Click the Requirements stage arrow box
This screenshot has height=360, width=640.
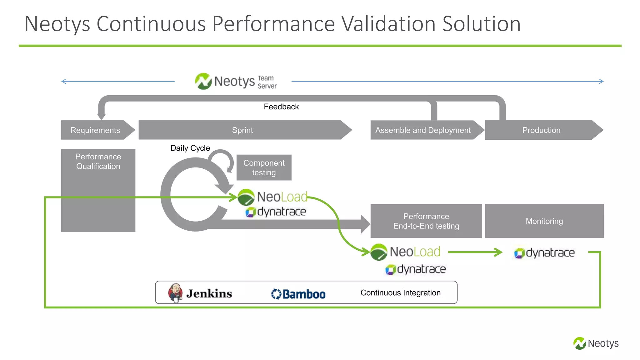[95, 130]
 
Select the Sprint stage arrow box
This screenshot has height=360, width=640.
[242, 130]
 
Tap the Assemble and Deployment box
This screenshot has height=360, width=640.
[423, 130]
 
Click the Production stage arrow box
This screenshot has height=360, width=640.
[541, 130]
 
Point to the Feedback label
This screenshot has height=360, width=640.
[281, 107]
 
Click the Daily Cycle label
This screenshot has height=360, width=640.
[190, 148]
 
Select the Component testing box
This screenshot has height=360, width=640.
[264, 167]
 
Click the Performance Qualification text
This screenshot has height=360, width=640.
[98, 161]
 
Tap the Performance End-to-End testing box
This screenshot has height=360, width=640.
[426, 221]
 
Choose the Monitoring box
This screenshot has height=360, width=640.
[544, 221]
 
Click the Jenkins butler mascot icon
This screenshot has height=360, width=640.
[175, 293]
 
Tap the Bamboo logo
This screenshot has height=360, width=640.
[298, 294]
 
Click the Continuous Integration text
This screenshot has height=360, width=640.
[400, 293]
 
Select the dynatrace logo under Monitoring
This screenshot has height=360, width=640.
[544, 253]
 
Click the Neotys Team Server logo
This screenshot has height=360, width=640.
[236, 82]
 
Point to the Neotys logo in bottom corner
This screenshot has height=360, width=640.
[596, 343]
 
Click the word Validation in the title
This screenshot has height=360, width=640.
[388, 24]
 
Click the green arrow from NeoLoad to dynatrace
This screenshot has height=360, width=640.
[475, 252]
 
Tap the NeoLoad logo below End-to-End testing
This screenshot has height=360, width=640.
[406, 252]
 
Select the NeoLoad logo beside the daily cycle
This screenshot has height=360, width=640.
[273, 197]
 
